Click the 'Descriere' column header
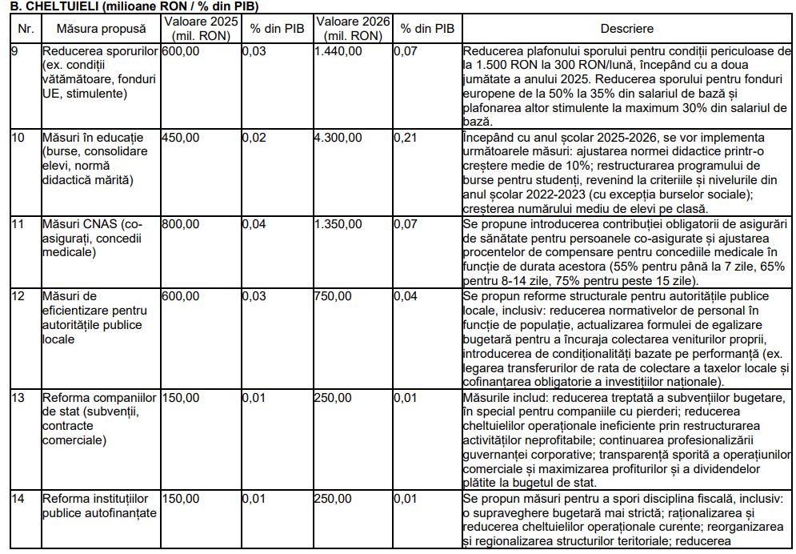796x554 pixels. (x=626, y=29)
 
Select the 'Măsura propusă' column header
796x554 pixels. (x=101, y=29)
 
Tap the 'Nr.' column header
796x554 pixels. (x=25, y=29)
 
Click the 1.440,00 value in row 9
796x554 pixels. (x=338, y=50)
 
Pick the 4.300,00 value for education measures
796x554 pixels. (x=338, y=138)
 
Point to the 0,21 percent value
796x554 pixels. (x=410, y=138)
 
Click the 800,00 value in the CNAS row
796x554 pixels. (x=181, y=224)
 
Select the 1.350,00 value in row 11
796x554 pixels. (x=338, y=224)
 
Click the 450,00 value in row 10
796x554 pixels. (x=181, y=138)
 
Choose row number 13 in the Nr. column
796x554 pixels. (x=18, y=397)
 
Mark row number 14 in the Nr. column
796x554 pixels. (x=18, y=499)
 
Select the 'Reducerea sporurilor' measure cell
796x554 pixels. (x=99, y=72)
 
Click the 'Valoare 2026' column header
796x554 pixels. (x=353, y=29)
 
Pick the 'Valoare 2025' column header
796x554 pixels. (x=200, y=29)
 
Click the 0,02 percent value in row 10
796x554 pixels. (x=254, y=138)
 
